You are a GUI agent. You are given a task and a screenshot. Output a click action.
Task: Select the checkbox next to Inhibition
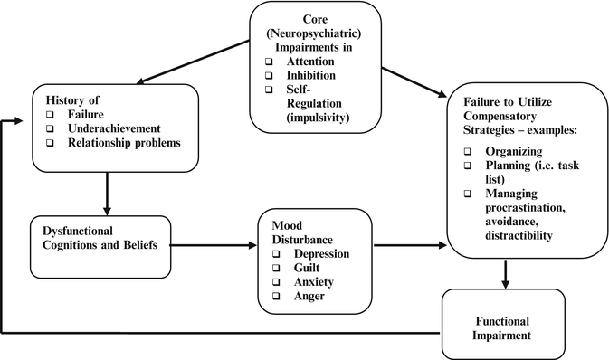[271, 74]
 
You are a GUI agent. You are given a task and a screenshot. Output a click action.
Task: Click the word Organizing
[514, 152]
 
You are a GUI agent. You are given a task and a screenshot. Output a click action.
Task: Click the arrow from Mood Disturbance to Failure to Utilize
[408, 245]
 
